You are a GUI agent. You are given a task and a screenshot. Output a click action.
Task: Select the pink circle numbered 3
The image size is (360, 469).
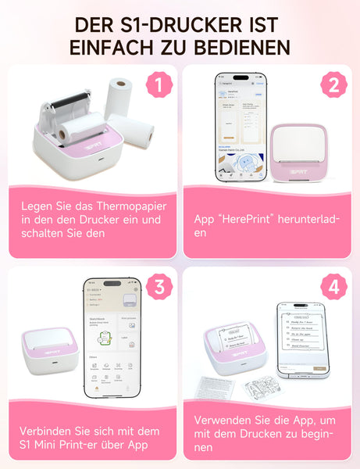click(160, 287)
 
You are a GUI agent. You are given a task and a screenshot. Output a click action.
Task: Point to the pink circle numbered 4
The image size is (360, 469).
click(333, 287)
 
